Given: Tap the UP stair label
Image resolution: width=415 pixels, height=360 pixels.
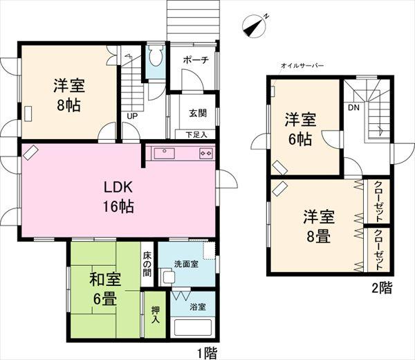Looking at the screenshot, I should click(130, 116).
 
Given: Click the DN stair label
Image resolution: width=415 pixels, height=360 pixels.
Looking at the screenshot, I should click(353, 109).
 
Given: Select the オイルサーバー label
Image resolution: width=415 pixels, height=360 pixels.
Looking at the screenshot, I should click(302, 66).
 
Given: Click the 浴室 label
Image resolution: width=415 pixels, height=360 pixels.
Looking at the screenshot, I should click(196, 307).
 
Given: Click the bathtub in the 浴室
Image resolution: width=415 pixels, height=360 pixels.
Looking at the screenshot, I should click(193, 329).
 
